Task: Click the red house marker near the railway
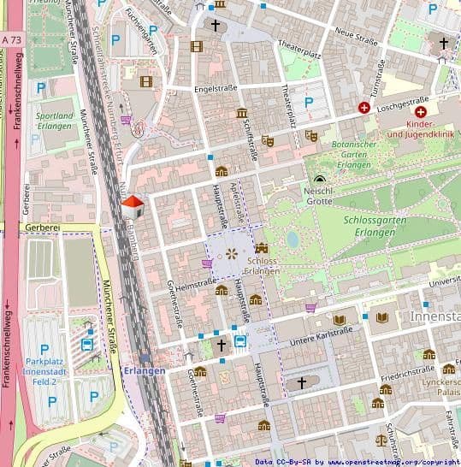click(x=133, y=206)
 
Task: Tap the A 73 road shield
click(x=12, y=39)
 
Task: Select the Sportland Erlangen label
click(x=55, y=120)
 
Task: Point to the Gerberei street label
click(x=41, y=229)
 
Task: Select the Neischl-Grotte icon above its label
click(x=319, y=179)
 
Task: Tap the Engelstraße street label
click(x=216, y=88)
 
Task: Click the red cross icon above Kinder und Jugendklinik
click(x=420, y=112)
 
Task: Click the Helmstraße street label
click(x=196, y=283)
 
